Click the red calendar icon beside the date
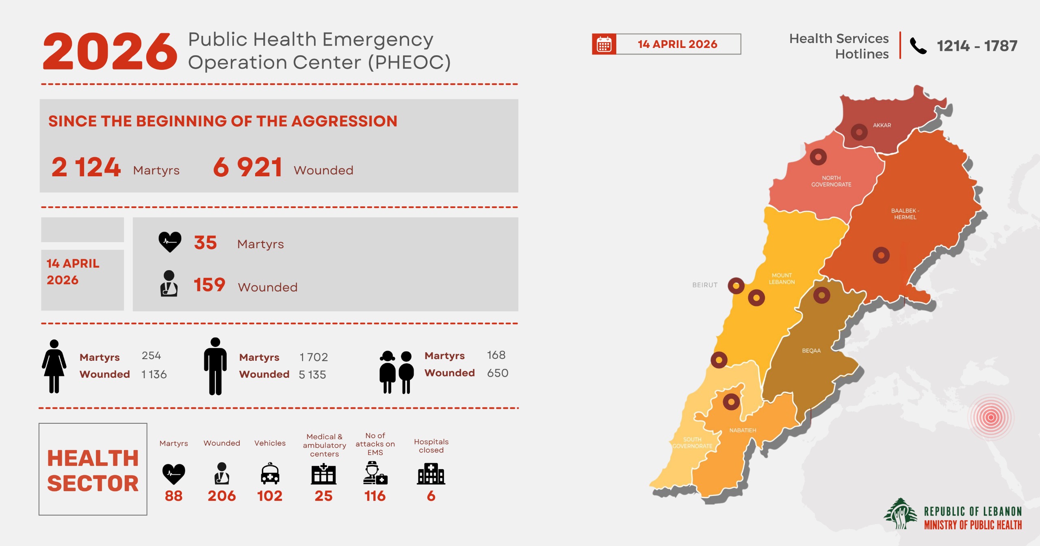click(604, 44)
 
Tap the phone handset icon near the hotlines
click(918, 45)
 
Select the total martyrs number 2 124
click(86, 167)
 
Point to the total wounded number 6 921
click(247, 167)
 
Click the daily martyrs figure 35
click(206, 243)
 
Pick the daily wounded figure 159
click(209, 284)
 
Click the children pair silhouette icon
click(396, 372)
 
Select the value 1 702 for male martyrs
click(313, 357)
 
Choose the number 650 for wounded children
click(498, 373)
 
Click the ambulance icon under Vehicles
click(270, 474)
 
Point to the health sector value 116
click(375, 496)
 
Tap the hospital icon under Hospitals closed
click(431, 474)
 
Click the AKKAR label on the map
click(882, 126)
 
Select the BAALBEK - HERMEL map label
click(905, 214)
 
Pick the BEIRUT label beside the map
click(705, 285)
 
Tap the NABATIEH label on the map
click(743, 430)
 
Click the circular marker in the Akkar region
click(859, 132)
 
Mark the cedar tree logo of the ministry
click(901, 513)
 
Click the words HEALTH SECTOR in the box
click(93, 470)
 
